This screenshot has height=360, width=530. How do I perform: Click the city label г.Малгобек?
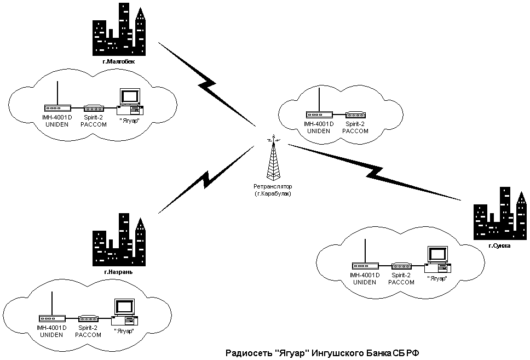click(118, 61)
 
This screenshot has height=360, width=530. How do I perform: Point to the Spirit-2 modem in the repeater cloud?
click(355, 115)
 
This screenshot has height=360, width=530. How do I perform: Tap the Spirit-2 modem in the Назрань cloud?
click(88, 318)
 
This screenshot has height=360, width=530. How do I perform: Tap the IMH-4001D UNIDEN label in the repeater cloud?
click(318, 128)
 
